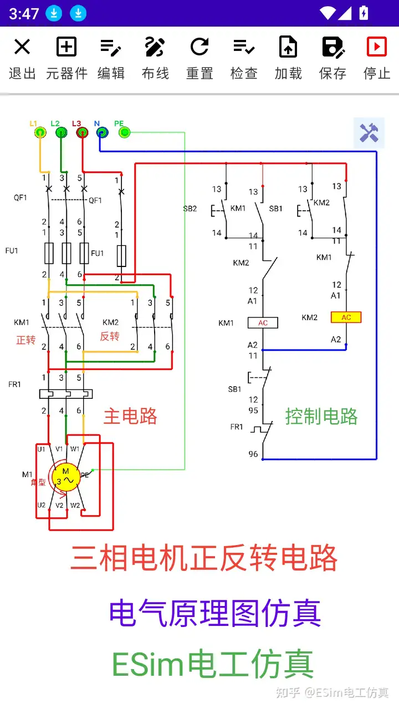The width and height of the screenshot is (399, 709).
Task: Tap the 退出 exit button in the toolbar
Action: coord(22,58)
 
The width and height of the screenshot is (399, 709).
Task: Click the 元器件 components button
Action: coord(66,58)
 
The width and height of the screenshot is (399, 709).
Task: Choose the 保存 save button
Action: coord(332,58)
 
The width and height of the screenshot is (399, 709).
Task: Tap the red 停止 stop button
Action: coord(377,58)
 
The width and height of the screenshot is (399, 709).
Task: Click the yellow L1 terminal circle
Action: coord(40,132)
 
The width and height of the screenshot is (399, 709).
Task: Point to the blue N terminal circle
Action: coord(102,132)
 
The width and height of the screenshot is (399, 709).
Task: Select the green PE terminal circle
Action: coord(124,132)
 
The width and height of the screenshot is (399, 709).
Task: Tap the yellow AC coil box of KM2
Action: coord(346,317)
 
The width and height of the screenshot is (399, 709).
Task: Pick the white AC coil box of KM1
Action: coord(263,322)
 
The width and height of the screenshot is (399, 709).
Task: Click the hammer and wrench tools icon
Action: coord(369,133)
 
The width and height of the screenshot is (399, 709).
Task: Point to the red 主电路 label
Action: coord(130,417)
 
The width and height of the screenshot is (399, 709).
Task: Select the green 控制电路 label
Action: coord(321,417)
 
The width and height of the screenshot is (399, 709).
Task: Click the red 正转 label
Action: coord(26,340)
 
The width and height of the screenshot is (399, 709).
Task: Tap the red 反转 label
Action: coord(110,336)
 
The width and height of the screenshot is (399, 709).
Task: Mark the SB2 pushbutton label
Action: coord(190,209)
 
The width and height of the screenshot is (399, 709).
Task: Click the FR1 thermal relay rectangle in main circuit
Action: coord(66,394)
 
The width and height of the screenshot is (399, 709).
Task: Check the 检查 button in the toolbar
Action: coord(244,58)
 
